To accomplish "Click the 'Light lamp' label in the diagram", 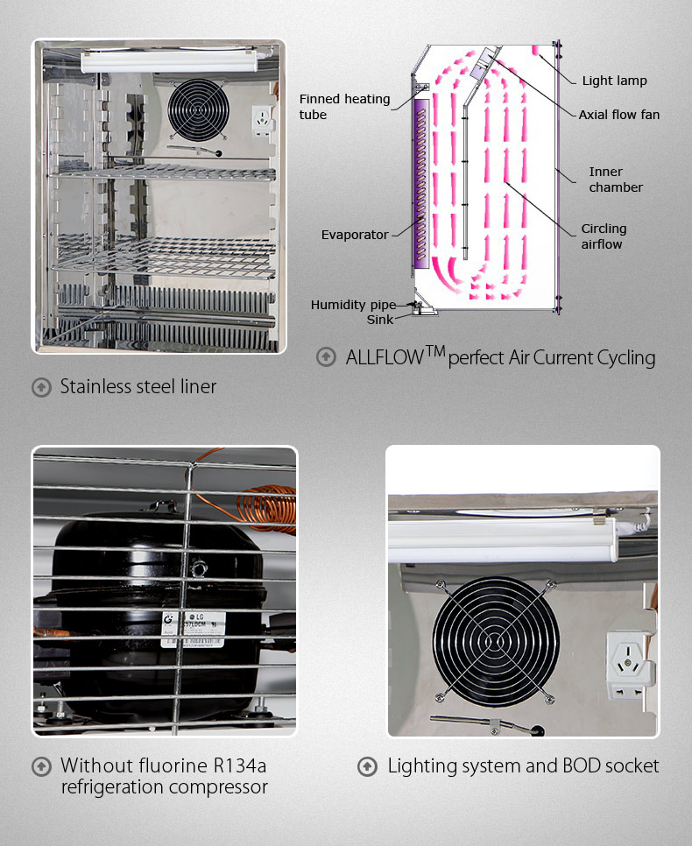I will click(614, 81).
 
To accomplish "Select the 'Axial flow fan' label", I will click(618, 115).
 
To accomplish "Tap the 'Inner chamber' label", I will click(615, 180).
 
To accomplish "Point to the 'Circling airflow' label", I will click(604, 236).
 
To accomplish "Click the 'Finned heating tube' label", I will click(344, 107).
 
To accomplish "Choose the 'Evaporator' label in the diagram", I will click(354, 235).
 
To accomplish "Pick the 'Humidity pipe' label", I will click(352, 305).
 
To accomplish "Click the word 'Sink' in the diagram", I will click(380, 320).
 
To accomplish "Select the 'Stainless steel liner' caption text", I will click(138, 386).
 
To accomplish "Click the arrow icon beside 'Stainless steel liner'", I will click(41, 387).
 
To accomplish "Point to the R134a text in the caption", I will click(236, 766).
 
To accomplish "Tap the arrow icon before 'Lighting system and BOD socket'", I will click(368, 767).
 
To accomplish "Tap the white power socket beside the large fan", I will click(629, 665).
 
